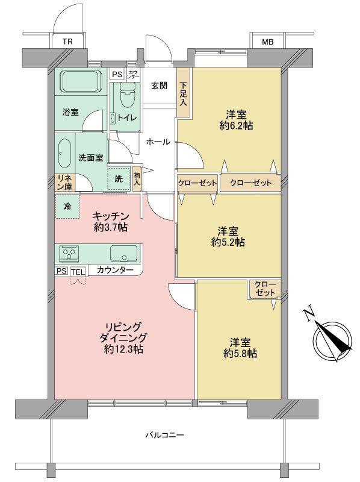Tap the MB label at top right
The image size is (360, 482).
267,42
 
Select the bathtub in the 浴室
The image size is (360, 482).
81,80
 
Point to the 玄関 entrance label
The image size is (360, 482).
159,85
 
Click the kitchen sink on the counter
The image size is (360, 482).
123,252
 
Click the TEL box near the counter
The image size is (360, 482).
78,272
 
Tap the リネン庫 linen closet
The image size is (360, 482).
64,183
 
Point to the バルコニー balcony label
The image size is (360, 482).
164,434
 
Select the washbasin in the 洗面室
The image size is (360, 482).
65,155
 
